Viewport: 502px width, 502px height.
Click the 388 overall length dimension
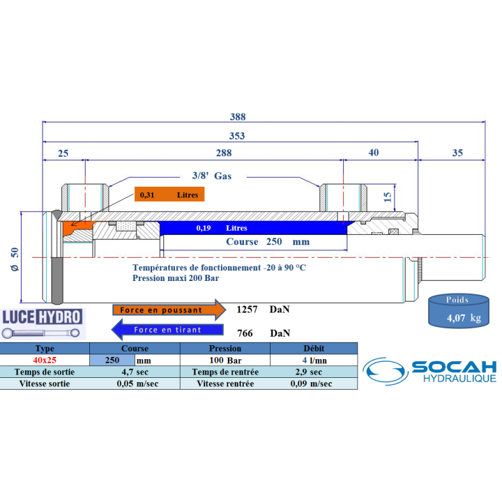[238, 116]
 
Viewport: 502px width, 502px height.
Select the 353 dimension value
[237, 136]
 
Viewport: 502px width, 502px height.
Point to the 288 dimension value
[224, 153]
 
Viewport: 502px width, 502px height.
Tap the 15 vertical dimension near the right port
[388, 197]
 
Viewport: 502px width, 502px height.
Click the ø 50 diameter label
[15, 259]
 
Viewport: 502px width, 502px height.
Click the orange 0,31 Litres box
[169, 195]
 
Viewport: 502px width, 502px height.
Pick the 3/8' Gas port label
[212, 176]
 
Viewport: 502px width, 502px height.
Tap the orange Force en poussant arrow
[169, 310]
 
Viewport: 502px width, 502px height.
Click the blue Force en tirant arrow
[167, 329]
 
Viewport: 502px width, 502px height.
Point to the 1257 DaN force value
[263, 310]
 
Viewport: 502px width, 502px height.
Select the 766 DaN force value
[264, 333]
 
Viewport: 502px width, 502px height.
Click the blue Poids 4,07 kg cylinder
[459, 311]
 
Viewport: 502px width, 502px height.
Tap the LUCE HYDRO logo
[43, 324]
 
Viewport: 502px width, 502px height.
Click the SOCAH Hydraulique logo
[429, 371]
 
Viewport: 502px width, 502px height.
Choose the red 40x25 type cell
[45, 360]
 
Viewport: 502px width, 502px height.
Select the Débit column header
[314, 349]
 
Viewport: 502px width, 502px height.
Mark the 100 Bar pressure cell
[225, 360]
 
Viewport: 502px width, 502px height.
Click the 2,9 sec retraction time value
[309, 372]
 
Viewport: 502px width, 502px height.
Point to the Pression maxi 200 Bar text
[176, 278]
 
